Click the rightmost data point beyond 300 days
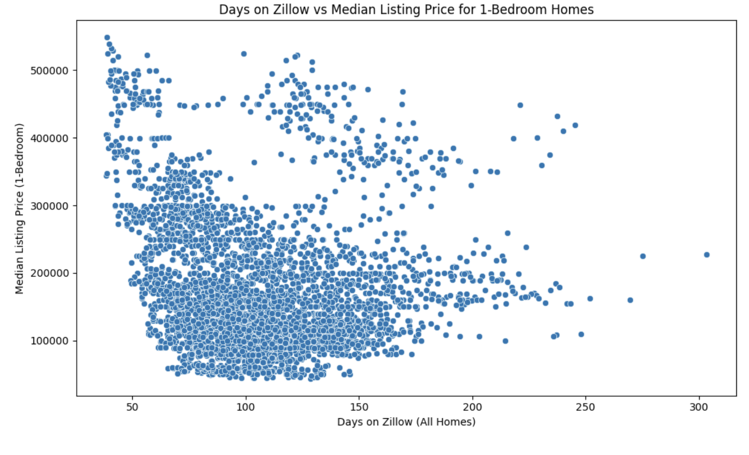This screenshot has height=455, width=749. (707, 255)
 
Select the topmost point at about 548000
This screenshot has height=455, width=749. (107, 37)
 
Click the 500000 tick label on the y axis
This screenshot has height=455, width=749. (49, 71)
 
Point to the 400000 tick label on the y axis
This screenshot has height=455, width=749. (49, 138)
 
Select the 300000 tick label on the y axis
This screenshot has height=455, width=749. (49, 206)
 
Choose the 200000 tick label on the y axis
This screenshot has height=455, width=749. (49, 273)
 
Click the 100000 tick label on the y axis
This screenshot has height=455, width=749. (49, 341)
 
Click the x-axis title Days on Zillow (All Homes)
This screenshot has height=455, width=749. (406, 422)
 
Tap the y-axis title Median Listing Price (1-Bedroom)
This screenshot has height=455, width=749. (19, 208)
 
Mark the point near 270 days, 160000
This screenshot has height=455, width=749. (630, 300)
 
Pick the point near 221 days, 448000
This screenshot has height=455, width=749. (520, 105)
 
